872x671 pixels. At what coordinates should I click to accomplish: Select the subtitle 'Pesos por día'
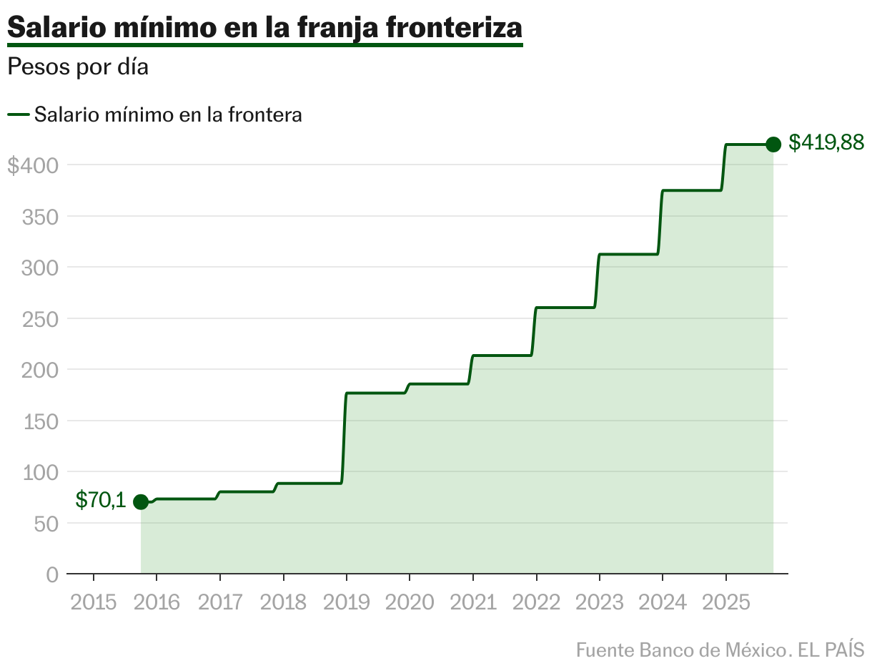77,67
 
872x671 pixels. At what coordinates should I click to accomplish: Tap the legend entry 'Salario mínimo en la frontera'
168,114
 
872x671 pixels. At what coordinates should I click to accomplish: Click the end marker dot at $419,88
773,145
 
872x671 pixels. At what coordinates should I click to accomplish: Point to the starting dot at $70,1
141,501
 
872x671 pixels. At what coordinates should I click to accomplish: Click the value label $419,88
826,143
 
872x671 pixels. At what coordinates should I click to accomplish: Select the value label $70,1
101,501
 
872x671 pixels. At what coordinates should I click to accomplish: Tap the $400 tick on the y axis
32,165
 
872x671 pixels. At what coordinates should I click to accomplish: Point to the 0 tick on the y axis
52,574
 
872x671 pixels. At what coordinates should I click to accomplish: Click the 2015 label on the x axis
94,602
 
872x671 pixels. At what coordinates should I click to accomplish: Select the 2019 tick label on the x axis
347,602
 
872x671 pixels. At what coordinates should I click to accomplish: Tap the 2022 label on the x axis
536,602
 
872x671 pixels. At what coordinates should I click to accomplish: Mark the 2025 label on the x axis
726,602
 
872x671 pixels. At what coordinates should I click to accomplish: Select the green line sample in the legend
18,114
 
